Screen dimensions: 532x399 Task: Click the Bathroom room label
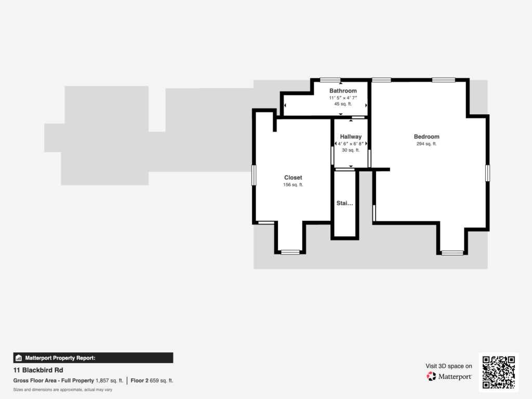point(343,91)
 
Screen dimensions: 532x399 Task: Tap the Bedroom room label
point(427,137)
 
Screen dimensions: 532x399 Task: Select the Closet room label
point(293,178)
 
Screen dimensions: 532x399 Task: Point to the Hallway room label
point(351,137)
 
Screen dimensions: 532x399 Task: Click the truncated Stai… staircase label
point(345,203)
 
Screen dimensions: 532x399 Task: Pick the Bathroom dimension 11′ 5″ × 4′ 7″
point(343,98)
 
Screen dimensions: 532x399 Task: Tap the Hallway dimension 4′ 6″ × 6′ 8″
point(351,144)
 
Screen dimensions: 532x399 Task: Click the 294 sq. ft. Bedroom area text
point(427,144)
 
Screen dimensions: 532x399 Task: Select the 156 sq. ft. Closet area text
point(293,185)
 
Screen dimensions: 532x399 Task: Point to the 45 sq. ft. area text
point(343,104)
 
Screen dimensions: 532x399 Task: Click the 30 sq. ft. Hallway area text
point(351,150)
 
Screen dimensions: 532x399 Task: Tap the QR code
point(499,372)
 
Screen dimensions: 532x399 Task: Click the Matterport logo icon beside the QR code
point(431,376)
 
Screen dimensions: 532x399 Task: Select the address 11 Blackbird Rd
point(38,370)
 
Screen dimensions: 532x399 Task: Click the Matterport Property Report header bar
point(94,358)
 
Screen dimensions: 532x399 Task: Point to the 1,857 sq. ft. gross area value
point(109,381)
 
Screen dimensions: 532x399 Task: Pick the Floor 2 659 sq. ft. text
point(152,381)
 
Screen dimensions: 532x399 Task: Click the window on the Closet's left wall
point(254,175)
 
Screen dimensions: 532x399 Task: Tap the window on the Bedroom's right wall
point(487,173)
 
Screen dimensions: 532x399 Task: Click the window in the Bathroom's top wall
point(330,80)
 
